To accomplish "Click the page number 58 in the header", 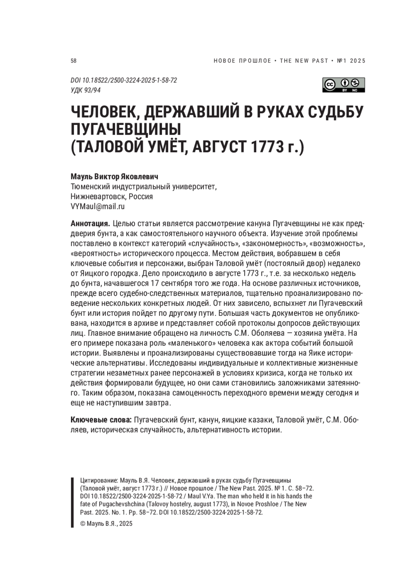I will [x=73, y=61].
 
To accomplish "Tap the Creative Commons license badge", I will [x=343, y=85].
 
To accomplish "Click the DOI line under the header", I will [x=124, y=80].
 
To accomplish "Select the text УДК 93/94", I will [x=85, y=90].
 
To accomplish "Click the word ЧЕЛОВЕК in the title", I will [x=103, y=112].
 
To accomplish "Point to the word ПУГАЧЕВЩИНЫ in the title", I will [x=126, y=130].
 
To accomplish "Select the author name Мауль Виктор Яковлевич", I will [x=114, y=177].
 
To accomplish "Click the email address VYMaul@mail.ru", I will [x=98, y=207].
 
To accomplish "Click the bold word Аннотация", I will [x=90, y=224].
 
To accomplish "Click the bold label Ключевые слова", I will [x=101, y=420].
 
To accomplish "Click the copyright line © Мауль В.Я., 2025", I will [x=106, y=524].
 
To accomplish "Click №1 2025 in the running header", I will [x=352, y=61].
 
